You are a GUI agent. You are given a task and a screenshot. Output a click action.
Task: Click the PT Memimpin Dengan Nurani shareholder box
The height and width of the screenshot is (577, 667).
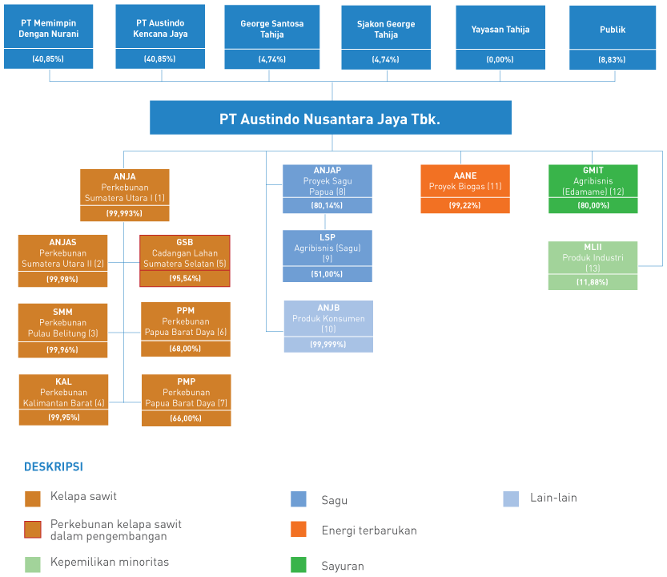click(49, 37)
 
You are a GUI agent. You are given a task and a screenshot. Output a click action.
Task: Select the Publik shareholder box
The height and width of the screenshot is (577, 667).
click(613, 38)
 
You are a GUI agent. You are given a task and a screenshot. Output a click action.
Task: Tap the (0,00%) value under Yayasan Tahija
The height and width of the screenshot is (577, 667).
click(500, 59)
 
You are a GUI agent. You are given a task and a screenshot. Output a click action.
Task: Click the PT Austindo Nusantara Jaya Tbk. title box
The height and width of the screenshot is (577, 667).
click(331, 118)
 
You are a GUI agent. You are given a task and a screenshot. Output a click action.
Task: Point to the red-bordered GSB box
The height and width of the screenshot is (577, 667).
click(185, 260)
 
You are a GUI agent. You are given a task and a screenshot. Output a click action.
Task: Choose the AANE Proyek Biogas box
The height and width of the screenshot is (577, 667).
click(465, 188)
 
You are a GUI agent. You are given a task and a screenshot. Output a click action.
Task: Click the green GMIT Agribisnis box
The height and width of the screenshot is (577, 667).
click(593, 188)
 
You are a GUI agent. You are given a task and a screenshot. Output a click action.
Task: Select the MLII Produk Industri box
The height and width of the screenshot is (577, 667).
click(593, 266)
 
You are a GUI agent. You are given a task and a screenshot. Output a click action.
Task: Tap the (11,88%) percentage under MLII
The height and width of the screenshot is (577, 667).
click(593, 282)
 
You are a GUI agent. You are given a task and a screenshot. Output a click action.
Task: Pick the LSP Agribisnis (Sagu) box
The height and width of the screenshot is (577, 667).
click(327, 256)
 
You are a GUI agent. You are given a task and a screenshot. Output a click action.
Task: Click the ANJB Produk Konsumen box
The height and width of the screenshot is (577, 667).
click(328, 326)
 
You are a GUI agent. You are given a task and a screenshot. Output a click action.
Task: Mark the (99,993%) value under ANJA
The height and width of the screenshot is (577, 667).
click(124, 213)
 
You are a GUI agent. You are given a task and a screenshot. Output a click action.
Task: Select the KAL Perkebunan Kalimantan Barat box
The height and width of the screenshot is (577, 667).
click(63, 399)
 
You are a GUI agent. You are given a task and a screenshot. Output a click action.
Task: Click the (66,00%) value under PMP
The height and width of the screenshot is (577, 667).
click(186, 418)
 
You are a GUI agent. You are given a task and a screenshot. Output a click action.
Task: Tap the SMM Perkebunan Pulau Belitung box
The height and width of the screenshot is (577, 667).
click(62, 330)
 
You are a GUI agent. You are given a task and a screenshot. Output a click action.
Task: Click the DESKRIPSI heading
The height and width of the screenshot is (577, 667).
click(54, 466)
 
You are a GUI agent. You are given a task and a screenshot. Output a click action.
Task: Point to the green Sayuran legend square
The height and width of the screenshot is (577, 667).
click(299, 565)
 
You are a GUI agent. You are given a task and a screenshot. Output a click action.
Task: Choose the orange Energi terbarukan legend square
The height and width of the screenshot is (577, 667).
click(299, 529)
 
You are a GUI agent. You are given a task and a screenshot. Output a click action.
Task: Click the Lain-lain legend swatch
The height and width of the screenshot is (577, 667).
click(511, 498)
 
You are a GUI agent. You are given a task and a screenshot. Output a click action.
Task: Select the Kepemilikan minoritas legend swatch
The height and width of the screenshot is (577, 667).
click(33, 565)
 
